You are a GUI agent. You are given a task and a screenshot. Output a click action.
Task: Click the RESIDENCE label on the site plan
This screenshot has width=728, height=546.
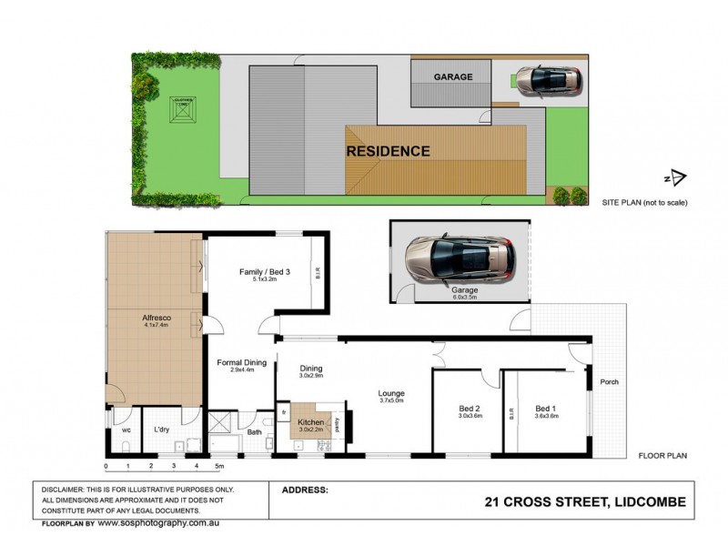tap(388, 151)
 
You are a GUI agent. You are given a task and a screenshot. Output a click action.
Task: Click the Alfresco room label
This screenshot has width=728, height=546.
tap(157, 318)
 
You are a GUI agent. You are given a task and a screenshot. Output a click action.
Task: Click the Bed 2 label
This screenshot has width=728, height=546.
tap(470, 409)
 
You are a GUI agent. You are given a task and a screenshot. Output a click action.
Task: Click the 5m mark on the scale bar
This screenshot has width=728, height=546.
tap(219, 466)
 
